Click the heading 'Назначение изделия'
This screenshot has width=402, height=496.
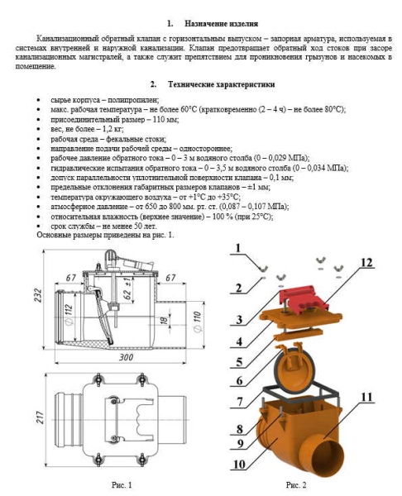(221, 24)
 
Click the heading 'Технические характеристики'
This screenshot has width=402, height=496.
(221, 84)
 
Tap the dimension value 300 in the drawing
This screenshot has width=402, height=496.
(126, 358)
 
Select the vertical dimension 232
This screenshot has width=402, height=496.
(38, 295)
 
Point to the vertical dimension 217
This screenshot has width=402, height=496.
(39, 417)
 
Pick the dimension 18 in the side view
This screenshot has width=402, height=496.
(164, 320)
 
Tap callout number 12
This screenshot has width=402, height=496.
(366, 262)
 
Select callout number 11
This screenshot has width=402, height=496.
(366, 397)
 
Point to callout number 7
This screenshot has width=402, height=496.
(240, 401)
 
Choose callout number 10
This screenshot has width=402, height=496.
(239, 464)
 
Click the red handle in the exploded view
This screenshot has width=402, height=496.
(304, 298)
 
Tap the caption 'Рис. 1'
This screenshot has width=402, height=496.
(122, 484)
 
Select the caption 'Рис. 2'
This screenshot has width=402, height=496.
(296, 484)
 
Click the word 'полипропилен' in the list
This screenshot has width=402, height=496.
(132, 100)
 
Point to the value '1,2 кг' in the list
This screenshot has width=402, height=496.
(113, 129)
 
